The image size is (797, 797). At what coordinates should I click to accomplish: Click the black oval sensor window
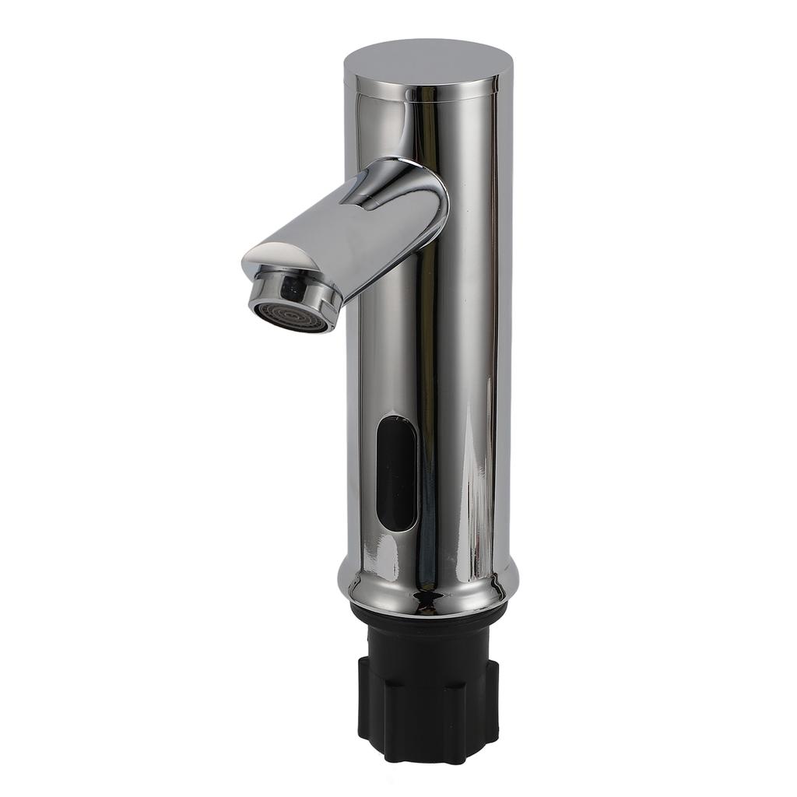click(x=395, y=472)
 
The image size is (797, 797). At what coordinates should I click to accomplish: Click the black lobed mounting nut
click(x=428, y=700)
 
